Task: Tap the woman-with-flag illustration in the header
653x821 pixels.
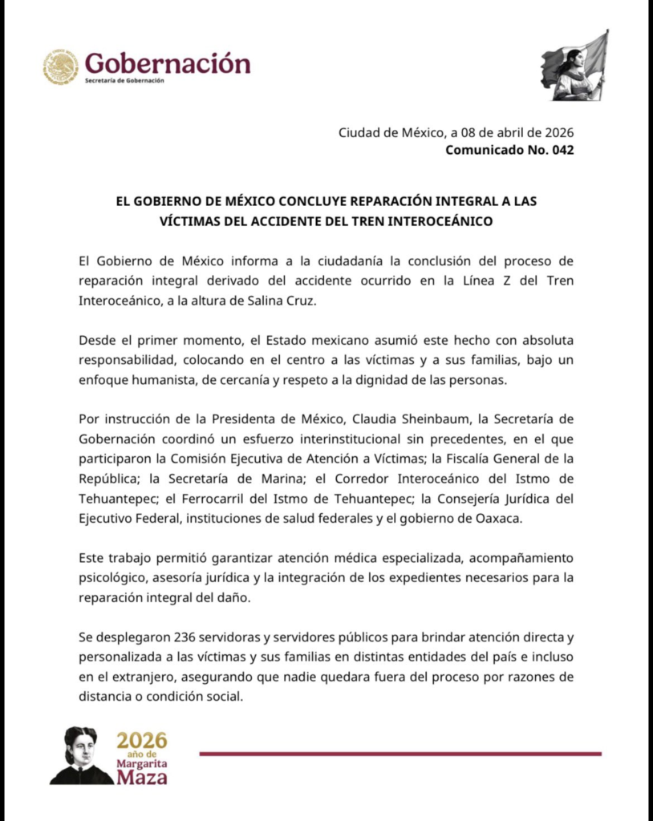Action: pyautogui.click(x=574, y=67)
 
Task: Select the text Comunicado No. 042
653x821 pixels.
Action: pyautogui.click(x=509, y=150)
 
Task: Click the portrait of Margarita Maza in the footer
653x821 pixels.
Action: pyautogui.click(x=80, y=755)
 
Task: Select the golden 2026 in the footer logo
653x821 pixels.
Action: pyautogui.click(x=141, y=741)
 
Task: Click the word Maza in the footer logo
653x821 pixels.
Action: pyautogui.click(x=142, y=776)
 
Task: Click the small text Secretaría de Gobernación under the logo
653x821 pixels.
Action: pyautogui.click(x=124, y=81)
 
